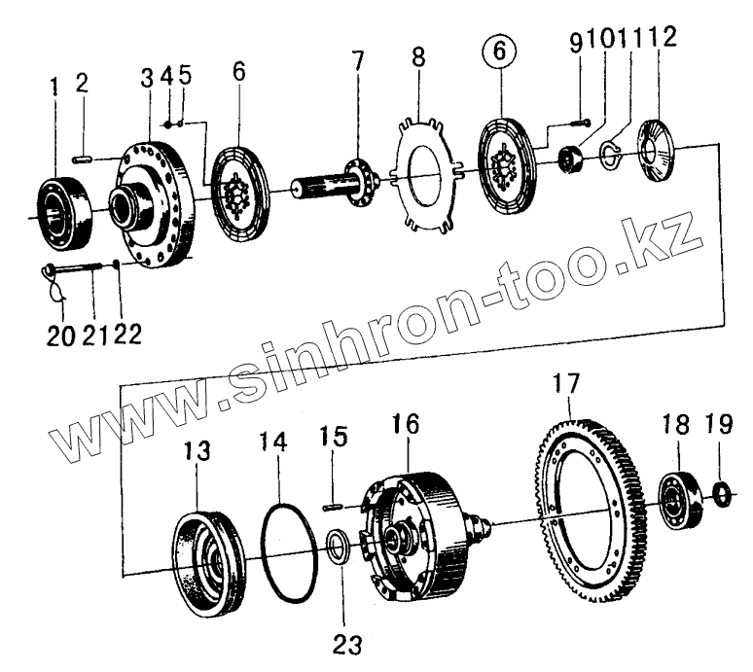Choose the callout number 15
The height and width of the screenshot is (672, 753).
tap(333, 439)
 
